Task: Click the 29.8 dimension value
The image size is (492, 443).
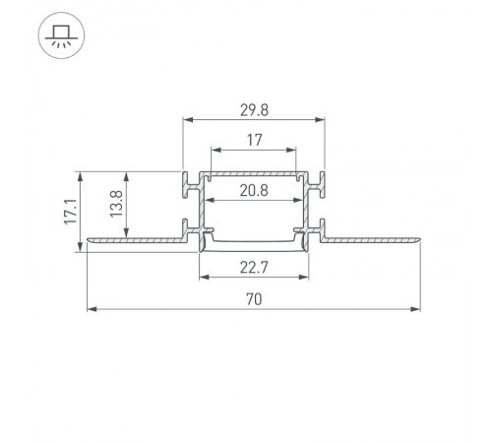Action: [254, 107]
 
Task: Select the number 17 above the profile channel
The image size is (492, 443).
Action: [254, 141]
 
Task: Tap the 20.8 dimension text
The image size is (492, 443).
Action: [254, 191]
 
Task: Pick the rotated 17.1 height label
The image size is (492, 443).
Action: [69, 211]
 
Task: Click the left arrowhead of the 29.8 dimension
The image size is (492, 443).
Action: [188, 120]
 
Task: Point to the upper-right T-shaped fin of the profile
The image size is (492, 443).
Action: [322, 182]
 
